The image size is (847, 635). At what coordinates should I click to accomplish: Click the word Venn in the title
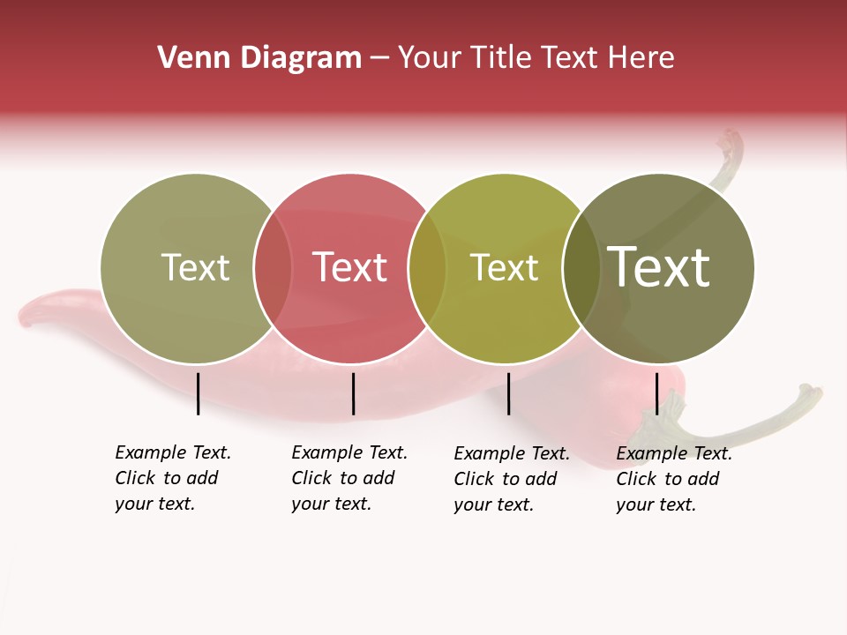point(187,58)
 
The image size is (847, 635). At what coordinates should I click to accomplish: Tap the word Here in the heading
point(641,58)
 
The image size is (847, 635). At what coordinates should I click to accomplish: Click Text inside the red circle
point(350,267)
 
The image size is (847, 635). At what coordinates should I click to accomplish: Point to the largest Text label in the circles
point(659,266)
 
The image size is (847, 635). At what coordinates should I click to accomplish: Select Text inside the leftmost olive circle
point(195,267)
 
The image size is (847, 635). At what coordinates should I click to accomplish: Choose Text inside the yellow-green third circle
point(505,268)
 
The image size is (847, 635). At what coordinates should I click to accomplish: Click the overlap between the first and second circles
point(273,268)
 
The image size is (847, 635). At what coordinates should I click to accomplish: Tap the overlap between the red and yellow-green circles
point(427,268)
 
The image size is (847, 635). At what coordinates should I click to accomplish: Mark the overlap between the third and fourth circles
point(581,268)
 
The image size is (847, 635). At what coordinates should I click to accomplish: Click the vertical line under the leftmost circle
point(199,393)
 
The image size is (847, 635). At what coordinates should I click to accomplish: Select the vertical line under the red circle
point(353,393)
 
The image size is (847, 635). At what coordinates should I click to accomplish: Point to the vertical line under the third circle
point(509,393)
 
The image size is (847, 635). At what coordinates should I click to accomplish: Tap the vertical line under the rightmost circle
point(657,393)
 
